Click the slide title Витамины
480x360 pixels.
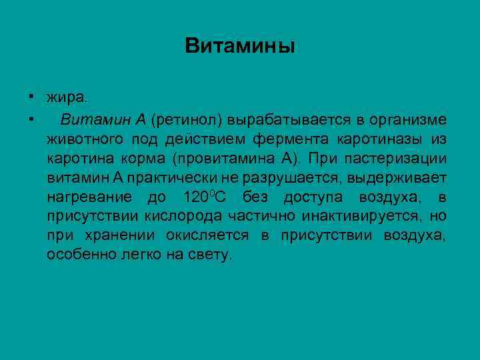coord(240,46)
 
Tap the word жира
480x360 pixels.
coord(67,98)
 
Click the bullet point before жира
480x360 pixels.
coord(31,97)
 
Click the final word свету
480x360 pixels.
coord(212,255)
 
